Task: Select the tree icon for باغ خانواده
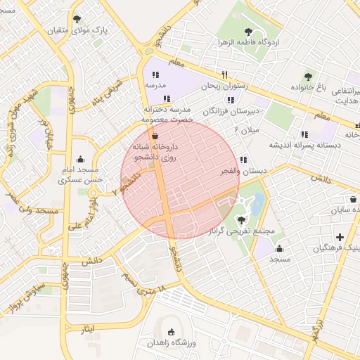tap(308, 77)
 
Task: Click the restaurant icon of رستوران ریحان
tap(225, 75)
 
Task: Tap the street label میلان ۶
tap(249, 130)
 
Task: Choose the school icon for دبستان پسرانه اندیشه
tap(304, 134)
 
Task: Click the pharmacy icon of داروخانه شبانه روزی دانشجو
tap(155, 135)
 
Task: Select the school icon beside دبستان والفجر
tap(243, 160)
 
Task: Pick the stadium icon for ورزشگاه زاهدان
tap(171, 332)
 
